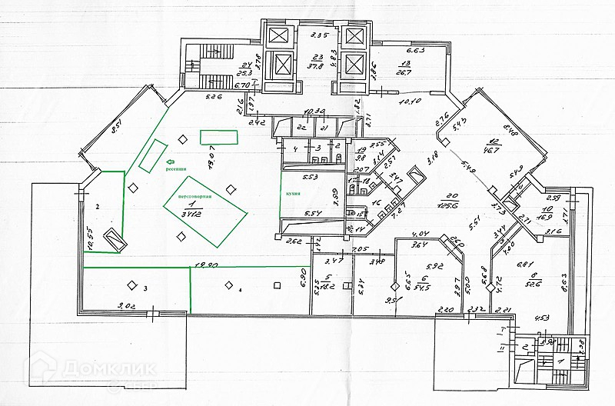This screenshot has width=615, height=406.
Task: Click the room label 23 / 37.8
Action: tap(316, 61)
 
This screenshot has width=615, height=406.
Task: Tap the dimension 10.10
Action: tap(410, 101)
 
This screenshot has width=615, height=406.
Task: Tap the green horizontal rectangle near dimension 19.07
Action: tap(220, 137)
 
